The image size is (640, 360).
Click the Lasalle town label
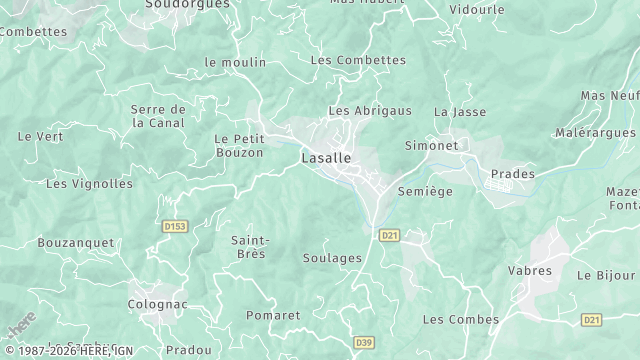pyautogui.click(x=325, y=158)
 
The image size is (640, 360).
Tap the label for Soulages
pyautogui.click(x=332, y=258)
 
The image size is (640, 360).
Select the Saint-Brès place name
pyautogui.click(x=249, y=247)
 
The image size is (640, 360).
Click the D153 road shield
pyautogui.click(x=175, y=227)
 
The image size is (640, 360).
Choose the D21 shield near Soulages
pyautogui.click(x=390, y=235)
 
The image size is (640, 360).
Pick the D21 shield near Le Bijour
pyautogui.click(x=591, y=319)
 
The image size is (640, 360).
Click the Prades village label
pyautogui.click(x=512, y=174)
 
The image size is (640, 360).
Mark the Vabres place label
pyautogui.click(x=529, y=271)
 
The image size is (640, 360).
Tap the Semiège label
pyautogui.click(x=425, y=191)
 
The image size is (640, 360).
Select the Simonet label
pyautogui.click(x=431, y=146)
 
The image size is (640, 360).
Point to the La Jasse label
pyautogui.click(x=460, y=112)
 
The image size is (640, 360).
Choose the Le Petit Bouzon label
pyautogui.click(x=239, y=145)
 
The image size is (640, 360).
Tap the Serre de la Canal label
pyautogui.click(x=159, y=116)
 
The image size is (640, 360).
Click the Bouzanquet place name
pyautogui.click(x=76, y=243)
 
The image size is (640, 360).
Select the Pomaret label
pyautogui.click(x=273, y=315)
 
